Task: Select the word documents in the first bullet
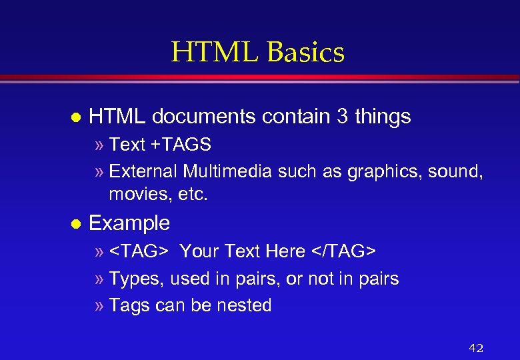point(203,117)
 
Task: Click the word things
point(383,117)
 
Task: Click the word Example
point(129,223)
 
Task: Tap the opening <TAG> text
point(139,251)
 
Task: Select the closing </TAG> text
point(343,251)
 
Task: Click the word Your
point(199,251)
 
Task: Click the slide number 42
point(475,348)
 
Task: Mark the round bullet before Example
point(75,224)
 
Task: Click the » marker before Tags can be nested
point(100,305)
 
